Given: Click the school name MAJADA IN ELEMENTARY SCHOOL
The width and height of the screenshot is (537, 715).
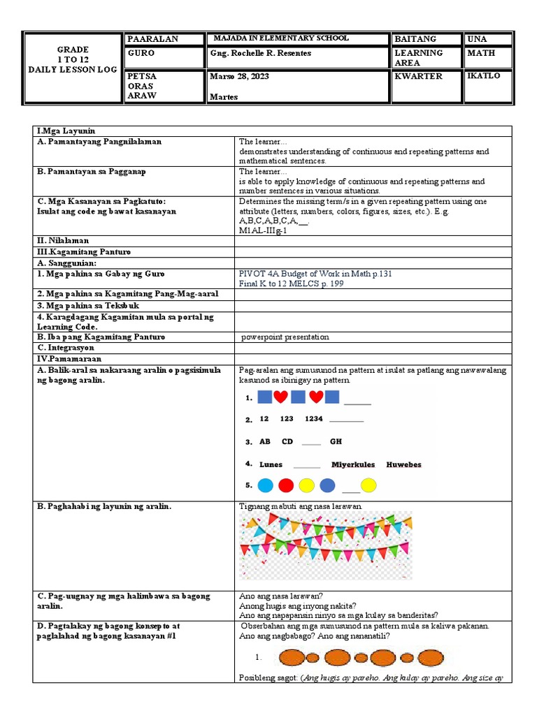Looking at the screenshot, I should [281, 38].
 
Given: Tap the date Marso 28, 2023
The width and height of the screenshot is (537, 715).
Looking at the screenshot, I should [238, 76].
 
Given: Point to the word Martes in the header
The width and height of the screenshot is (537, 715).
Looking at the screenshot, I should [224, 97].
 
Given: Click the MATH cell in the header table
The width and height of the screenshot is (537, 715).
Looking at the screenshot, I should [479, 53].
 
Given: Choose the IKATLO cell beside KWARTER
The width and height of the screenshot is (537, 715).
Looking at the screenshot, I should [484, 75].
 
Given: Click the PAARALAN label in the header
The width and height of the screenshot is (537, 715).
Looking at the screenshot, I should [152, 39].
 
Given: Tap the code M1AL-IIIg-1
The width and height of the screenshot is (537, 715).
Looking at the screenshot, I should [263, 231].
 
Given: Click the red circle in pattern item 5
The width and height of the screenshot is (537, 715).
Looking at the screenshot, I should [286, 485].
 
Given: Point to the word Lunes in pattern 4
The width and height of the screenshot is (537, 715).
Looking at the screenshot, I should [271, 464].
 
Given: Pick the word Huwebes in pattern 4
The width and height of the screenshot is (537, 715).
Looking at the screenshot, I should [403, 464].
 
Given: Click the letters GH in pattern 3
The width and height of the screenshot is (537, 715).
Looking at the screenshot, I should [336, 442].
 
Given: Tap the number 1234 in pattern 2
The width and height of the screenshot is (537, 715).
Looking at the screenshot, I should [314, 419].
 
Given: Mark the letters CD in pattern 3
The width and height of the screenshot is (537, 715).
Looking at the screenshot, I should [287, 442].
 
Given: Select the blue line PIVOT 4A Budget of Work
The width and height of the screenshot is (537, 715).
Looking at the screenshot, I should [315, 274].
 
